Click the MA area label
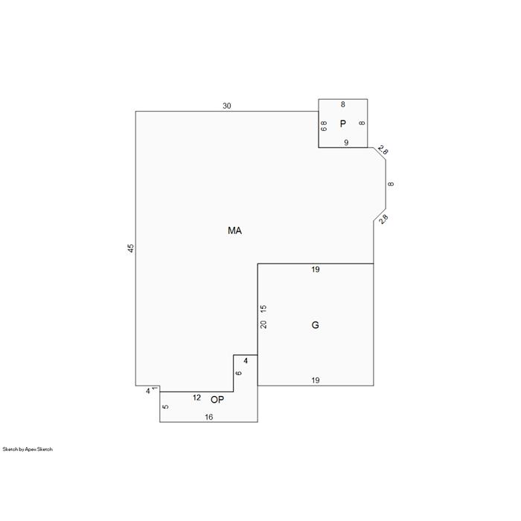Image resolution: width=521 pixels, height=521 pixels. click(234, 231)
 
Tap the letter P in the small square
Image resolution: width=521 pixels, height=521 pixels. click(343, 124)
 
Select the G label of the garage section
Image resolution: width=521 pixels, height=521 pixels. click(316, 325)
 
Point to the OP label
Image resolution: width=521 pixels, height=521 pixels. click(217, 400)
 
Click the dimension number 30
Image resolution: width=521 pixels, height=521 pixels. click(226, 106)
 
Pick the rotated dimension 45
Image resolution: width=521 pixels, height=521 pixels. click(131, 249)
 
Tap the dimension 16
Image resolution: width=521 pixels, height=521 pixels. click(208, 418)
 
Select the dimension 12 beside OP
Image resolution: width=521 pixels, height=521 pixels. click(196, 397)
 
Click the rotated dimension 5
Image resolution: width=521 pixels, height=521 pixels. click(165, 406)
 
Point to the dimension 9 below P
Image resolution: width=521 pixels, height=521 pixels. click(346, 143)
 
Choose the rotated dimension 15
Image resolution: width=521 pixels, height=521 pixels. click(263, 308)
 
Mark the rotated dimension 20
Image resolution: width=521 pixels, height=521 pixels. click(263, 325)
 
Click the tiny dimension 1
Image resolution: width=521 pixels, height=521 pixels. click(155, 388)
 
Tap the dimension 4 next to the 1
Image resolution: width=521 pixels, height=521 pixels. click(148, 391)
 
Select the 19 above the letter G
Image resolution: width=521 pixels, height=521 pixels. click(316, 269)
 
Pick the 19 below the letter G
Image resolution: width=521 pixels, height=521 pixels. click(316, 380)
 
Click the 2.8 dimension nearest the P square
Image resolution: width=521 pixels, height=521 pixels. click(383, 150)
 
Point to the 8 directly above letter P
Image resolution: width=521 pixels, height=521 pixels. click(343, 105)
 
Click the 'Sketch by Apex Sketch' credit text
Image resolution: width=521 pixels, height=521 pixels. click(28, 450)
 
